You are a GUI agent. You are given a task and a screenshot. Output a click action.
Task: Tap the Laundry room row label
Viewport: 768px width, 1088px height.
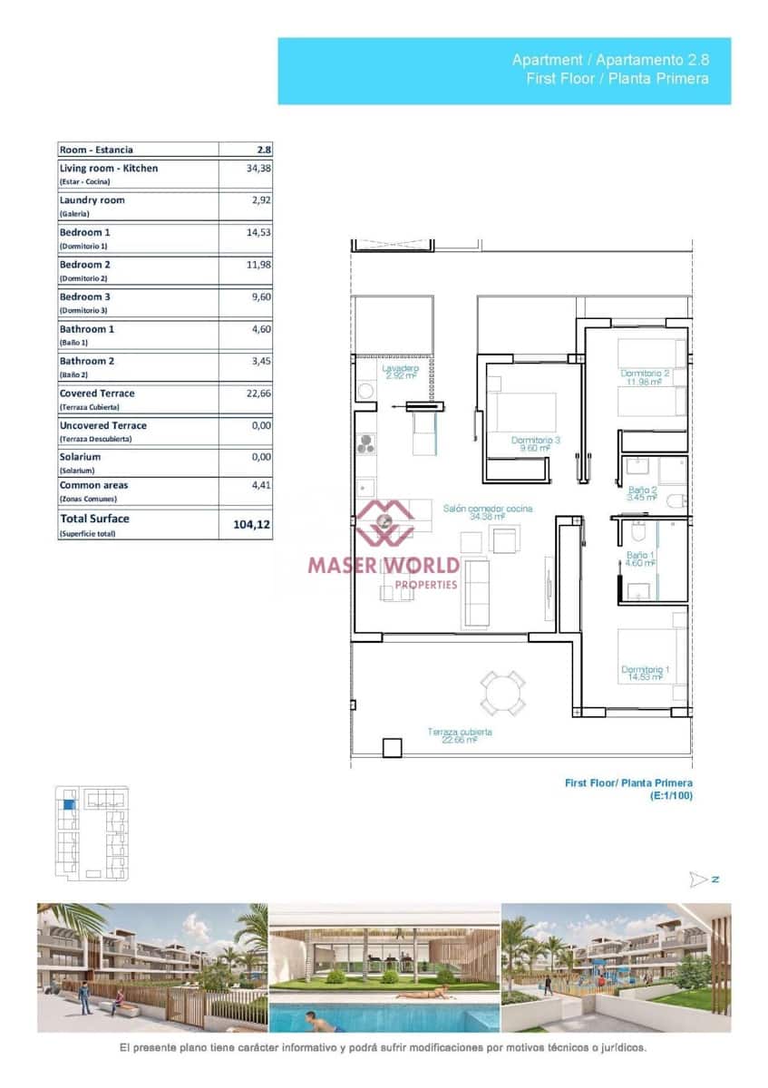point(92,200)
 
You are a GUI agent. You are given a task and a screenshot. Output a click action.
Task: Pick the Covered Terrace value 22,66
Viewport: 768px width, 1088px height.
point(258,393)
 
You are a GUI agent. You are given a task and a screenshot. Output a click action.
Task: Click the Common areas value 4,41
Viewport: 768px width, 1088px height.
point(261,485)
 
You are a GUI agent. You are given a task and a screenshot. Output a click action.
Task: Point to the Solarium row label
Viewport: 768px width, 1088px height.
point(80,458)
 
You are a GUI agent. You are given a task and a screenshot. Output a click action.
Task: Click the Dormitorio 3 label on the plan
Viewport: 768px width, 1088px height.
point(535,441)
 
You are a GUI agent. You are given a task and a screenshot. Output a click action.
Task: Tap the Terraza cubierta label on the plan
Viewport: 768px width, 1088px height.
point(461,732)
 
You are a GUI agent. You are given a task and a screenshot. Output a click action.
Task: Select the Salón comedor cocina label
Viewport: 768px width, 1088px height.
point(488,509)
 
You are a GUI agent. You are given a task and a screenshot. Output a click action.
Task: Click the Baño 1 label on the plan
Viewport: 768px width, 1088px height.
point(639,554)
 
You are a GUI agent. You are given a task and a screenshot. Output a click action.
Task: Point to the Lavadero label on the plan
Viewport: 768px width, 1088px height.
point(400,369)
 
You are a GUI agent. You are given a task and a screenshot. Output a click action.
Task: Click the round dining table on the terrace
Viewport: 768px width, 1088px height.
point(502,694)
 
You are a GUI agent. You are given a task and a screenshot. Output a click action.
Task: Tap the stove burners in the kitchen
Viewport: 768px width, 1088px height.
point(366,444)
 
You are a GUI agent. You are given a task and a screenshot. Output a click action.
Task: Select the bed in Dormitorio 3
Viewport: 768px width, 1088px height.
point(525,412)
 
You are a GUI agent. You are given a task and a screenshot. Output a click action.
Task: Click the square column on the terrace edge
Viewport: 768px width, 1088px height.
point(392,748)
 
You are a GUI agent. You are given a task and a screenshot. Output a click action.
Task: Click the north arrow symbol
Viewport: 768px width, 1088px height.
point(698,879)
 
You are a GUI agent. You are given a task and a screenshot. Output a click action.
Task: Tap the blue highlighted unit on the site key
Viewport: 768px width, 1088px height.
point(67,802)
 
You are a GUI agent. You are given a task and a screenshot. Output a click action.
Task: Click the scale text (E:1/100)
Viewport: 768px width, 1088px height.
point(671,795)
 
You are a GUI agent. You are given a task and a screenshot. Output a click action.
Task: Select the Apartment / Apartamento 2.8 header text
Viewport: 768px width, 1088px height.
point(610,60)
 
